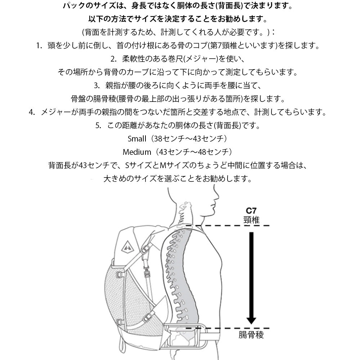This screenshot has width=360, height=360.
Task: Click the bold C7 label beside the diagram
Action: point(251,211)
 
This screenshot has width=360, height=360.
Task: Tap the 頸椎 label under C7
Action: point(251,220)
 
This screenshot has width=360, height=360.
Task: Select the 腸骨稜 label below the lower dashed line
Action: point(251,335)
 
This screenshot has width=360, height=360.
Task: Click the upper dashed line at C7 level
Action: point(227,225)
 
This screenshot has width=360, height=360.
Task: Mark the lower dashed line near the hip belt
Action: point(227,328)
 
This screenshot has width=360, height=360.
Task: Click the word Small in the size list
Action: point(137,139)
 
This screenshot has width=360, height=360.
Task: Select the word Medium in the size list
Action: point(137,152)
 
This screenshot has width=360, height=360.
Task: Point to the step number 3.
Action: point(96,86)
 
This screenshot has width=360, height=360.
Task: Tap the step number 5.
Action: point(98,126)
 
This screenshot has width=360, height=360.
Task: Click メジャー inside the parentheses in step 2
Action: point(200,59)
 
